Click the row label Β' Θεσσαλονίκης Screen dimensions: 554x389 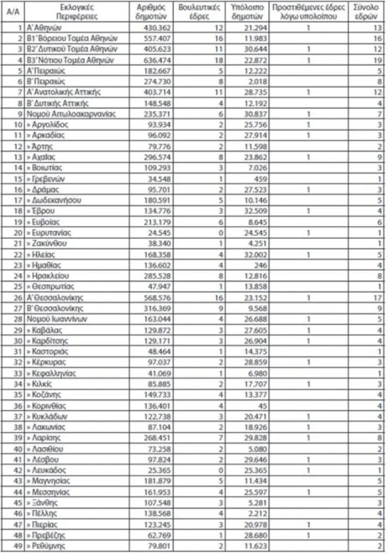click(x=54, y=308)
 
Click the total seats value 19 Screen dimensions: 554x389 click(x=376, y=60)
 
